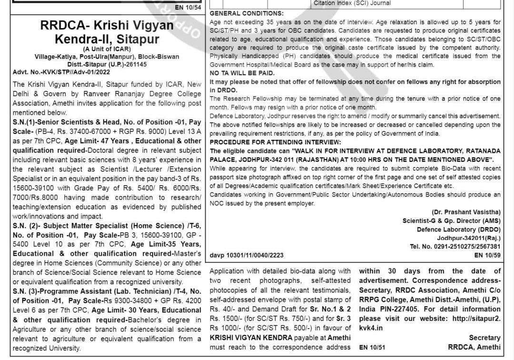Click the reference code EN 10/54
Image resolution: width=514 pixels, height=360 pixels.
188,7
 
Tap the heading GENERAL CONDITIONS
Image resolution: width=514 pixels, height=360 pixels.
247,13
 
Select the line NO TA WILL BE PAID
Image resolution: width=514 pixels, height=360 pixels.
242,73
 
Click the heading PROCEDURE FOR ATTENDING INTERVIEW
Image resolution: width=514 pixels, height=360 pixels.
275,142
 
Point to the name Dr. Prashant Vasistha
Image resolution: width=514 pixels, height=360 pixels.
466,212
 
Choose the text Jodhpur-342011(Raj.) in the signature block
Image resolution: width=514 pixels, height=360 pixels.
469,238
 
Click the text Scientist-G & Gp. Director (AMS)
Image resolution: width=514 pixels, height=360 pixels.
451,220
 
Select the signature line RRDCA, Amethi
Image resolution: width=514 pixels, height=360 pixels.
474,347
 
